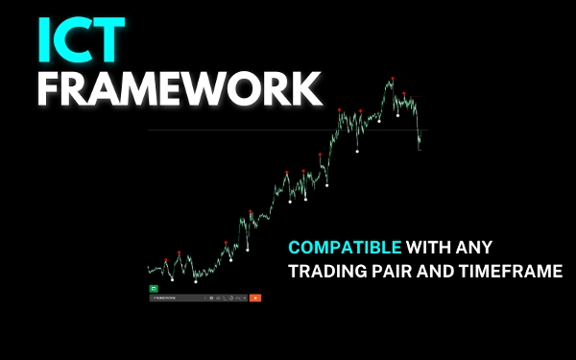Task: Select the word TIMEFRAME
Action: (521, 272)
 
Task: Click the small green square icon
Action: (153, 288)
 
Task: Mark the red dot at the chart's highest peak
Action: (392, 80)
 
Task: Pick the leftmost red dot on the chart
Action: (166, 259)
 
